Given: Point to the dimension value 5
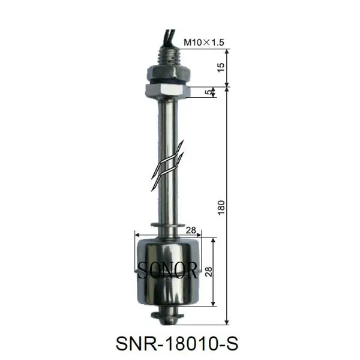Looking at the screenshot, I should tap(208, 92).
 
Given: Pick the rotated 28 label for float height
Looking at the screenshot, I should tap(208, 271).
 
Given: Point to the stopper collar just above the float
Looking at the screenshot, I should tap(167, 226).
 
